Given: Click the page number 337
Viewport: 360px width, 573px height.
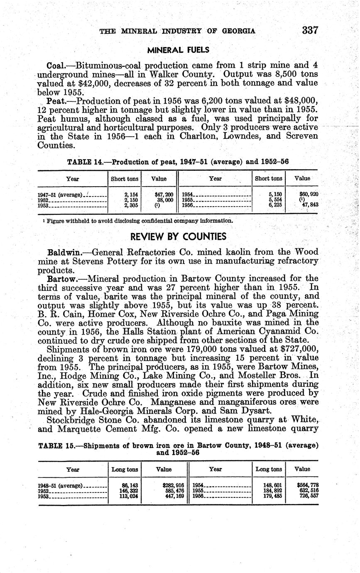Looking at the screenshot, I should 310,31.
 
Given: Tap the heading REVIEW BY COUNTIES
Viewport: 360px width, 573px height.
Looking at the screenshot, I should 179,237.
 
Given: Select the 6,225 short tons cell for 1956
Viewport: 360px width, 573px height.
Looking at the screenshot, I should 274,205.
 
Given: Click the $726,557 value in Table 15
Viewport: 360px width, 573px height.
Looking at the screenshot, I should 309,496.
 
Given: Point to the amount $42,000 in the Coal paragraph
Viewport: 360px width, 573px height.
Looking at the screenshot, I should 88,83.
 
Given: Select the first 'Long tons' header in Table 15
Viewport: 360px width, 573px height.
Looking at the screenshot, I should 125,469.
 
